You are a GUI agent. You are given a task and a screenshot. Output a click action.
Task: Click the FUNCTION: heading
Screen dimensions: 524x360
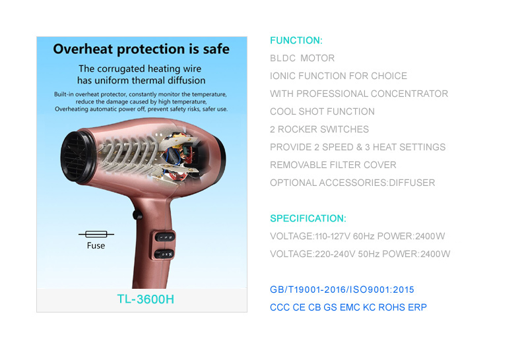pos(296,40)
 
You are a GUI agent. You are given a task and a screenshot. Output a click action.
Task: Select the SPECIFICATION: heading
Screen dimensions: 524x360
pos(308,218)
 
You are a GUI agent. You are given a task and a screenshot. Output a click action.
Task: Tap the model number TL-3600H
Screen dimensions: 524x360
pos(145,299)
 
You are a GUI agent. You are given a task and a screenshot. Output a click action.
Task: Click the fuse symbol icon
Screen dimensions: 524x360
pos(96,234)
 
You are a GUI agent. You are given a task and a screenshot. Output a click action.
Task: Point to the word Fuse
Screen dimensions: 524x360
pos(96,245)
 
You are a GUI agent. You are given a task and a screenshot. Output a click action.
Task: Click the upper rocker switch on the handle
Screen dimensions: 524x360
pos(165,237)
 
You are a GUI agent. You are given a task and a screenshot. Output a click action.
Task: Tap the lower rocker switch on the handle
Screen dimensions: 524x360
pos(164,255)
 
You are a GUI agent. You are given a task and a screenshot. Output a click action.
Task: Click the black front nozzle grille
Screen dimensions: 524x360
pos(77,157)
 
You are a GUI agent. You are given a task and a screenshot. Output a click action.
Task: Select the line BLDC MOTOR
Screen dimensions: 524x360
pos(302,58)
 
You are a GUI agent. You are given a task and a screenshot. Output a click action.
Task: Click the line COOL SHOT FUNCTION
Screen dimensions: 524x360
pos(322,111)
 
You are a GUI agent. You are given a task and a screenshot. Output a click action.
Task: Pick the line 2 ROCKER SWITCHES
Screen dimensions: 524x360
pos(319,129)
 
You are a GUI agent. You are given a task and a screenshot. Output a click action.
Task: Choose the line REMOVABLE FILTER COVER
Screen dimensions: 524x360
pos(333,165)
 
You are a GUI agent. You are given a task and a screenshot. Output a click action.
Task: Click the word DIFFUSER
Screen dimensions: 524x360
pos(412,183)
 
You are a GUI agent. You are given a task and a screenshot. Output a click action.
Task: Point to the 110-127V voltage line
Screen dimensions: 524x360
pos(357,236)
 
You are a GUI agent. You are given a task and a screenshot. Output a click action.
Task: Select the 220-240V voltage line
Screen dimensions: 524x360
pos(360,254)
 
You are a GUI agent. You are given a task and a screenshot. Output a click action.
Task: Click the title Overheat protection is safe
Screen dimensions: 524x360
pos(141,49)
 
